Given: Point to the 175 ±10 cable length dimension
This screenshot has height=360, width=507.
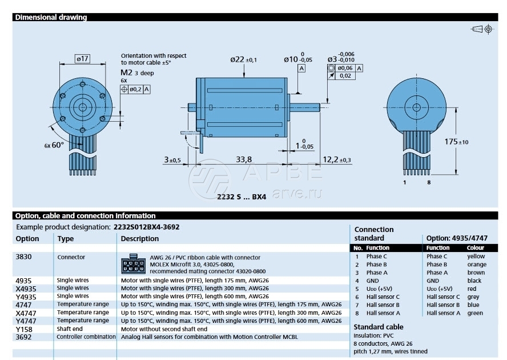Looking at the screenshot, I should click(457, 141).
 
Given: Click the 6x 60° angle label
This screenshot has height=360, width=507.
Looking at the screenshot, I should click(54, 145).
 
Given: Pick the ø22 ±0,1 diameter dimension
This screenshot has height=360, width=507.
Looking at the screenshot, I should click(243, 59).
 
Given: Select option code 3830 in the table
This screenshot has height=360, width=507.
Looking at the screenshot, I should click(24, 257).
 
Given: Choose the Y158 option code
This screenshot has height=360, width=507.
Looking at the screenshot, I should click(24, 329).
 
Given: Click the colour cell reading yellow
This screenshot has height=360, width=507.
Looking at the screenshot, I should click(476, 257).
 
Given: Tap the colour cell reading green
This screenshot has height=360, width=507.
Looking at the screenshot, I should click(474, 313).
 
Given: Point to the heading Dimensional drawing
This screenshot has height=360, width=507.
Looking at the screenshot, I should click(51, 17).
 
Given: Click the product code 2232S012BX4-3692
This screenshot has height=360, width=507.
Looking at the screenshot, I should click(146, 227).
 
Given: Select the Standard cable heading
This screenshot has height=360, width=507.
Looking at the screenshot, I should click(379, 327).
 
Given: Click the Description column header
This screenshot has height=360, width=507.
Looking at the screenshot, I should click(140, 239).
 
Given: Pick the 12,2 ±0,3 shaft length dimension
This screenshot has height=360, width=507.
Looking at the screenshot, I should click(337, 159).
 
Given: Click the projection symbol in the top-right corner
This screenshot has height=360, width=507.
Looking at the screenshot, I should click(482, 29).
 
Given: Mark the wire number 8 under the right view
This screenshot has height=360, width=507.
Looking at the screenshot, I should click(428, 183).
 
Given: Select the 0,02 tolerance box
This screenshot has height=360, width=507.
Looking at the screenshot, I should click(345, 75).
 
